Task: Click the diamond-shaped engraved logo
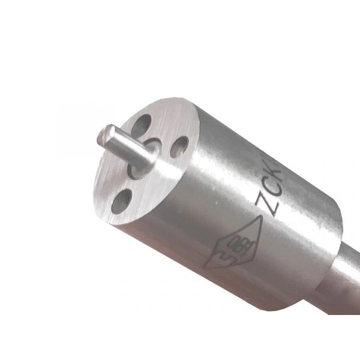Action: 231,243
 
